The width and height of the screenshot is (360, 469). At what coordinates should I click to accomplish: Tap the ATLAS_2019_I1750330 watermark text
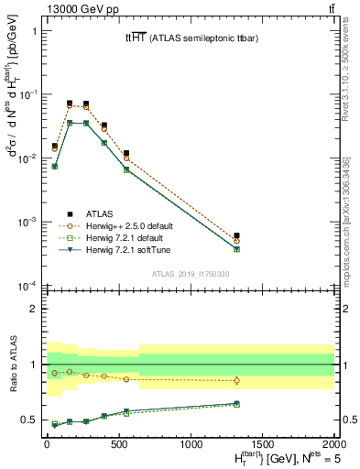189,274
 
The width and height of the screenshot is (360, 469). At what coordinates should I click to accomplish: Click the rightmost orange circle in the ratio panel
236,380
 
